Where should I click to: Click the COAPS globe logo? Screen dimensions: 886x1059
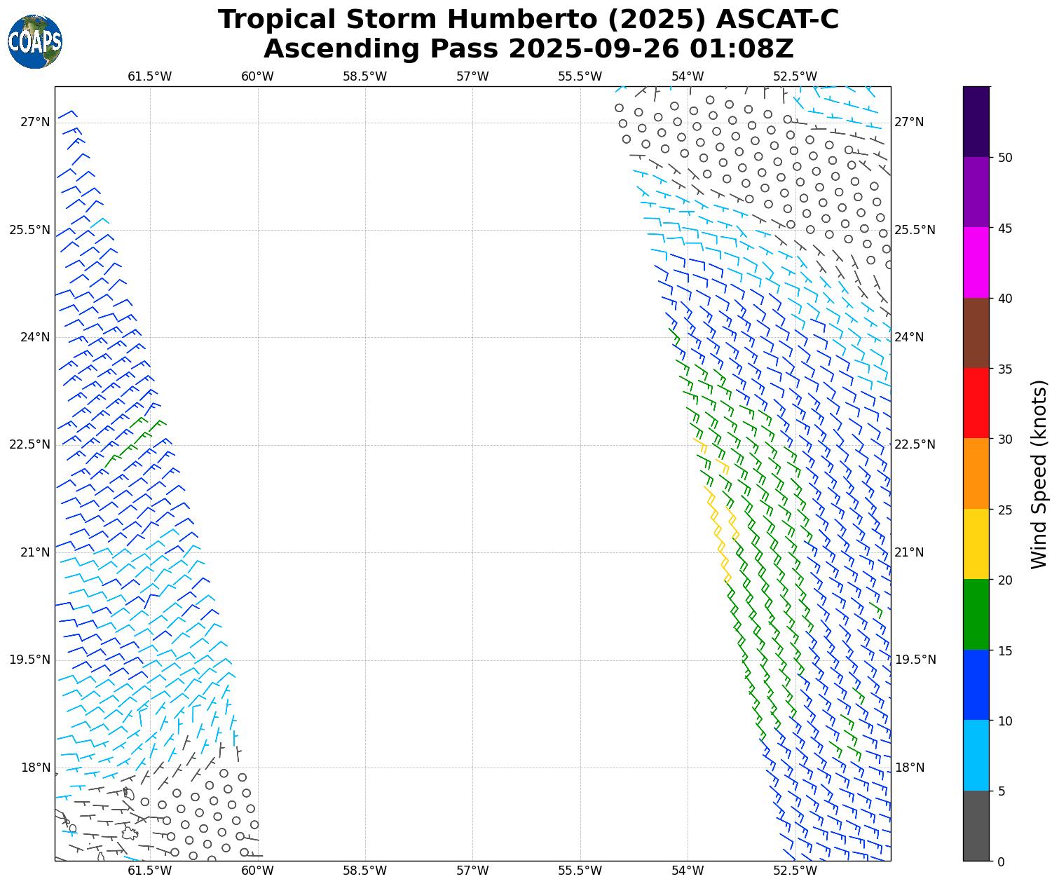tap(35, 41)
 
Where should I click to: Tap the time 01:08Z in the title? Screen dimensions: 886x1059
tap(742, 49)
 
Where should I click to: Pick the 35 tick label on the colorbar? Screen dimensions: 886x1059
tap(1005, 369)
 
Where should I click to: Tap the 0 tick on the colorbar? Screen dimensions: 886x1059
tap(1001, 861)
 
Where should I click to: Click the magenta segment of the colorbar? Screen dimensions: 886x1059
tap(976, 263)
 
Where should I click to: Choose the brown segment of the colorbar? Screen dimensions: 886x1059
tap(976, 333)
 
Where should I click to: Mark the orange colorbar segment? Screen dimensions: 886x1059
tap(976, 474)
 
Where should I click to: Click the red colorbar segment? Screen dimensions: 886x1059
tap(976, 404)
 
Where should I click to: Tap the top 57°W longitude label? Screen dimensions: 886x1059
tap(472, 76)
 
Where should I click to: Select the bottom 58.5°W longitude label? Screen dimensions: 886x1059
tap(365, 871)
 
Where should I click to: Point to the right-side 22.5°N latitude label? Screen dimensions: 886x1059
tap(915, 444)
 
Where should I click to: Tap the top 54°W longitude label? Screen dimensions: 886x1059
tap(688, 76)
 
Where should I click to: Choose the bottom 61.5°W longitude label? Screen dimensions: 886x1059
tap(150, 871)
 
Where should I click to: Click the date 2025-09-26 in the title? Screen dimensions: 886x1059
tap(594, 49)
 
